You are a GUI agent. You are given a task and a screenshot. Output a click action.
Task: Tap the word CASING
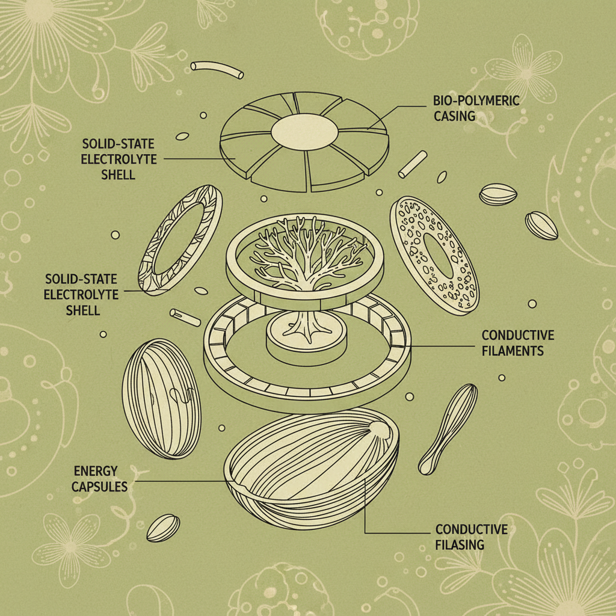pyautogui.click(x=455, y=115)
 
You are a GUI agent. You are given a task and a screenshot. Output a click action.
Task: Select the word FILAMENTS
pyautogui.click(x=513, y=350)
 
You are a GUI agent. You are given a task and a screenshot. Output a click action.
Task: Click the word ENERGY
pyautogui.click(x=94, y=471)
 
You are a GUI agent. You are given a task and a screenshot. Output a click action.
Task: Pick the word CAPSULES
pyautogui.click(x=99, y=486)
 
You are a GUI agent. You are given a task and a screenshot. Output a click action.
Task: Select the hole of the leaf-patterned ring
pyautogui.click(x=180, y=239)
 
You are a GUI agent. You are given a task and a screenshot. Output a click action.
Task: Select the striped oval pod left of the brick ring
pyautogui.click(x=161, y=398)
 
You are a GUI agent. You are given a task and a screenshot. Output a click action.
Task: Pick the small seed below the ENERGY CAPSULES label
pyautogui.click(x=163, y=528)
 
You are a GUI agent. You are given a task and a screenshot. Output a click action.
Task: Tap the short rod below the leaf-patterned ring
pyautogui.click(x=184, y=316)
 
